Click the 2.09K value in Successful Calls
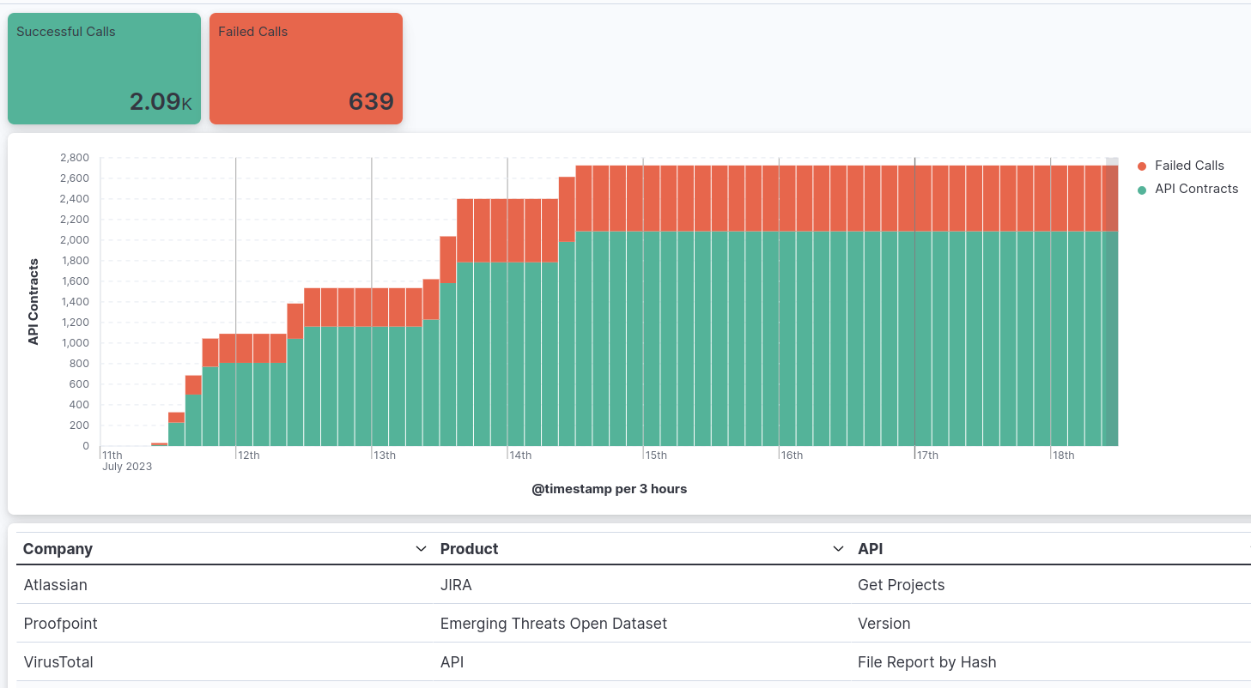coord(160,102)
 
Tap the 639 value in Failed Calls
coord(370,102)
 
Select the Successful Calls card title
coord(66,32)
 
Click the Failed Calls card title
coord(252,32)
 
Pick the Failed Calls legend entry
coord(1188,166)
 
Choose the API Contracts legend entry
coord(1195,189)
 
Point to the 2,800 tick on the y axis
coord(74,158)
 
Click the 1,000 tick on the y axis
coord(74,343)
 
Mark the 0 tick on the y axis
coord(85,446)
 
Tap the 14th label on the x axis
coord(520,456)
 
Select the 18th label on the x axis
coord(1064,456)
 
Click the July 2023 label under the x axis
coord(127,467)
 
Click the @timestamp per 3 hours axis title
coord(609,489)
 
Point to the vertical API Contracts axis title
coord(33,301)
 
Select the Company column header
coord(58,549)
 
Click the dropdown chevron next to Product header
coord(839,549)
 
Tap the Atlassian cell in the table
coord(56,585)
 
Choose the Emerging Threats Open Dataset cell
coord(553,624)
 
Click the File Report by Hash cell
coord(926,662)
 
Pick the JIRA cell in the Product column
coord(456,585)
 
